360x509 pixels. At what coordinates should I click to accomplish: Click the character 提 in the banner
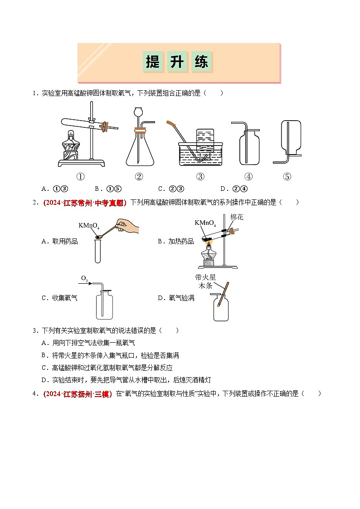point(153,62)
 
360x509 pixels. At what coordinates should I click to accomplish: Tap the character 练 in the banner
point(201,62)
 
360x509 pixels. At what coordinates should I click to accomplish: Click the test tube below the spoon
point(98,250)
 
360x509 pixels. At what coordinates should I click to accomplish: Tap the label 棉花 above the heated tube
point(237,217)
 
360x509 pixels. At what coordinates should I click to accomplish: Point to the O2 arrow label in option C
point(85,279)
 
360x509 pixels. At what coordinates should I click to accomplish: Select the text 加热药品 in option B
point(181,242)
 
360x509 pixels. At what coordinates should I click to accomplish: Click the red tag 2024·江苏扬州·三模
point(78,394)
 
